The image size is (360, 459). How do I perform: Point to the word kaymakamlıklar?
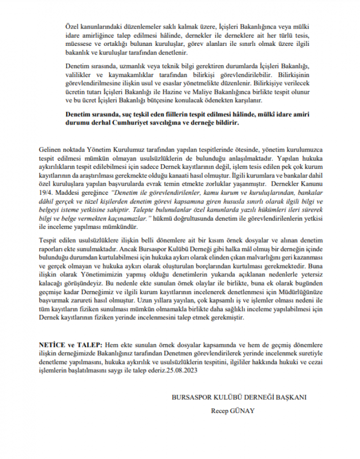(x=118, y=74)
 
